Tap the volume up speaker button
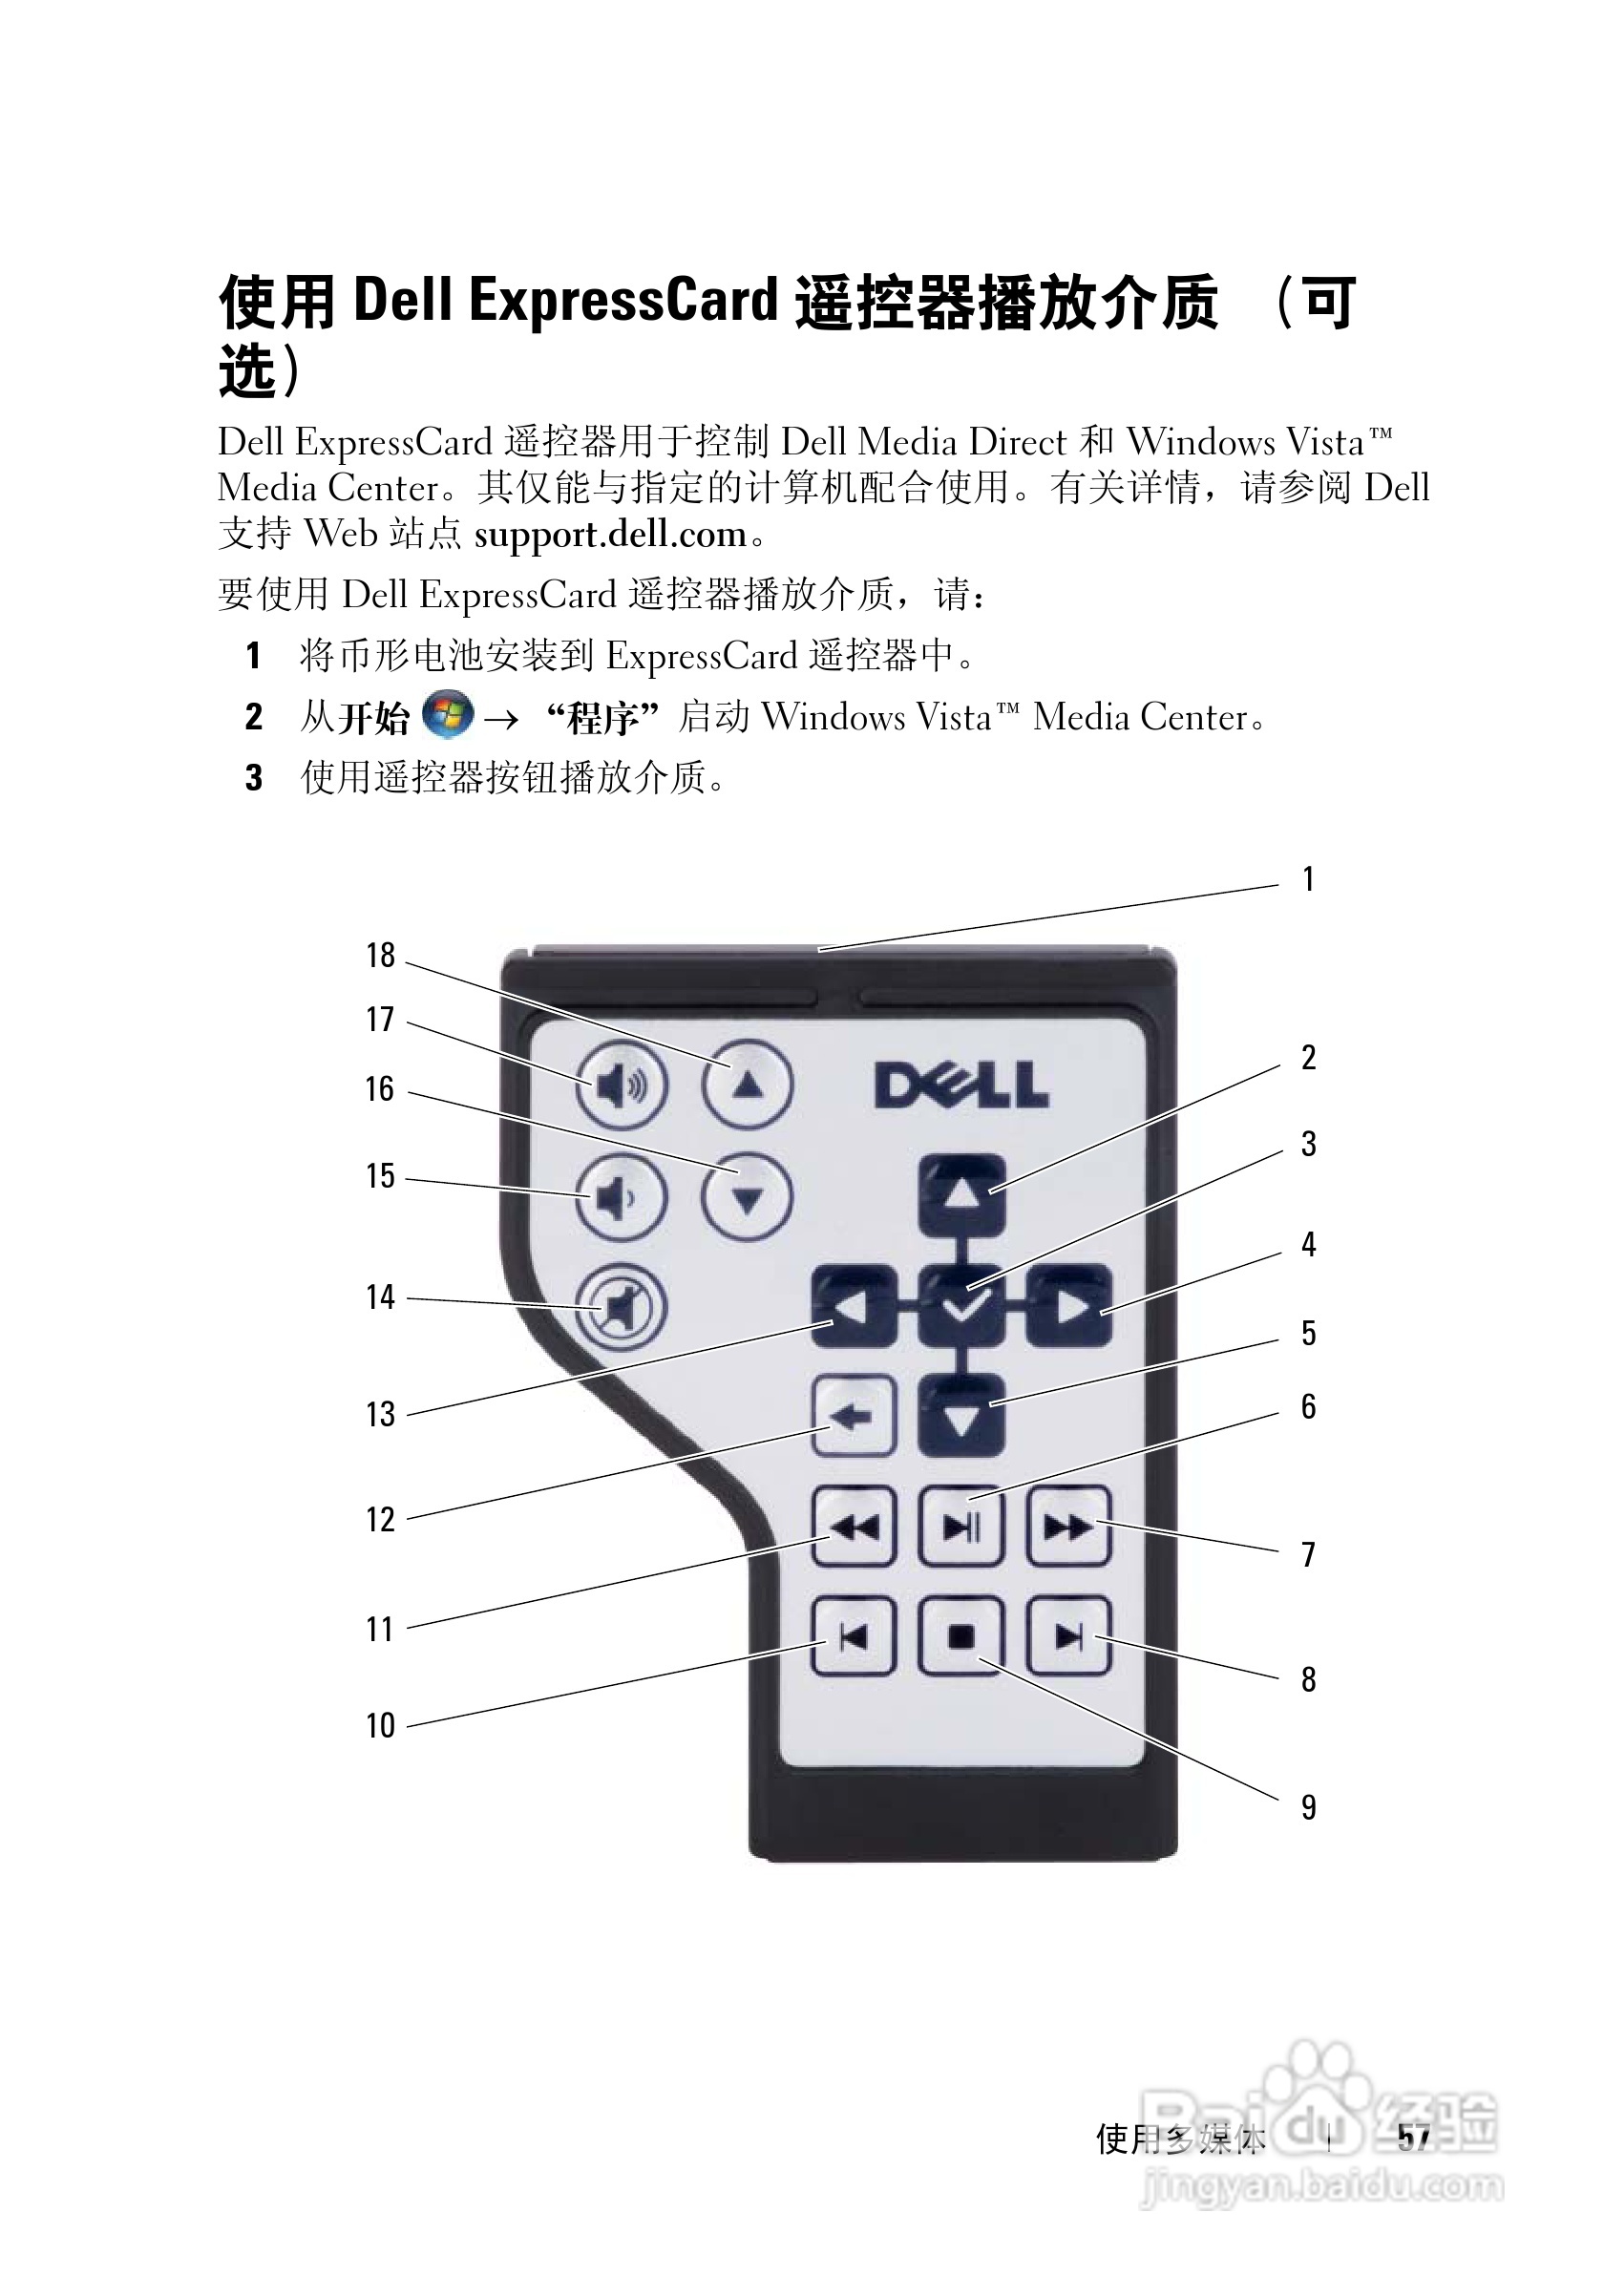[622, 1086]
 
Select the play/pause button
[960, 1527]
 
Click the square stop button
[960, 1636]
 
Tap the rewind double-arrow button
[854, 1527]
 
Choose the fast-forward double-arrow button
[1067, 1527]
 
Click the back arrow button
[854, 1417]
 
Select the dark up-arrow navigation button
[960, 1195]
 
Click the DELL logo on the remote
[960, 1085]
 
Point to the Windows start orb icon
[447, 715]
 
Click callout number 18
[381, 956]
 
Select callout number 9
[1309, 1807]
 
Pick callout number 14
[381, 1296]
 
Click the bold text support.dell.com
[610, 535]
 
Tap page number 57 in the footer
[1414, 2139]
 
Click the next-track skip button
[1067, 1636]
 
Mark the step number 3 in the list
[255, 778]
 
